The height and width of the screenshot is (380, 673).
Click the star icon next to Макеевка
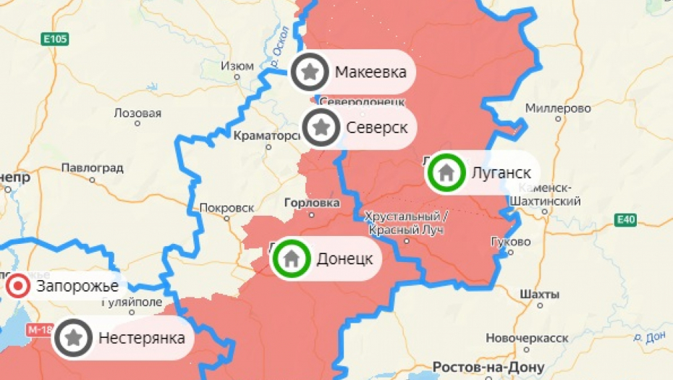(310, 72)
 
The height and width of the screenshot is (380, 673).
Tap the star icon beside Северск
(322, 127)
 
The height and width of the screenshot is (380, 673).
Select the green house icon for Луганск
(446, 172)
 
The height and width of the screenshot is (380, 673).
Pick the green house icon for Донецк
(292, 258)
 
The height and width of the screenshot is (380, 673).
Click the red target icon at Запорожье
(17, 287)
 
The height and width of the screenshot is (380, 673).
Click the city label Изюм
(237, 66)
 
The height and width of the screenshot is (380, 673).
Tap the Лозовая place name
(137, 114)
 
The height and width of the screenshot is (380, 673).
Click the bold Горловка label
(313, 203)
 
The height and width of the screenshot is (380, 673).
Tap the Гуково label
(510, 242)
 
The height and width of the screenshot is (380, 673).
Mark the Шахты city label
(539, 295)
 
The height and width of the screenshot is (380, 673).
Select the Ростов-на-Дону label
(488, 366)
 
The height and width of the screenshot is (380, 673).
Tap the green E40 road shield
(626, 219)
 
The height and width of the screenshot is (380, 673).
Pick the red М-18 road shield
(41, 330)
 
